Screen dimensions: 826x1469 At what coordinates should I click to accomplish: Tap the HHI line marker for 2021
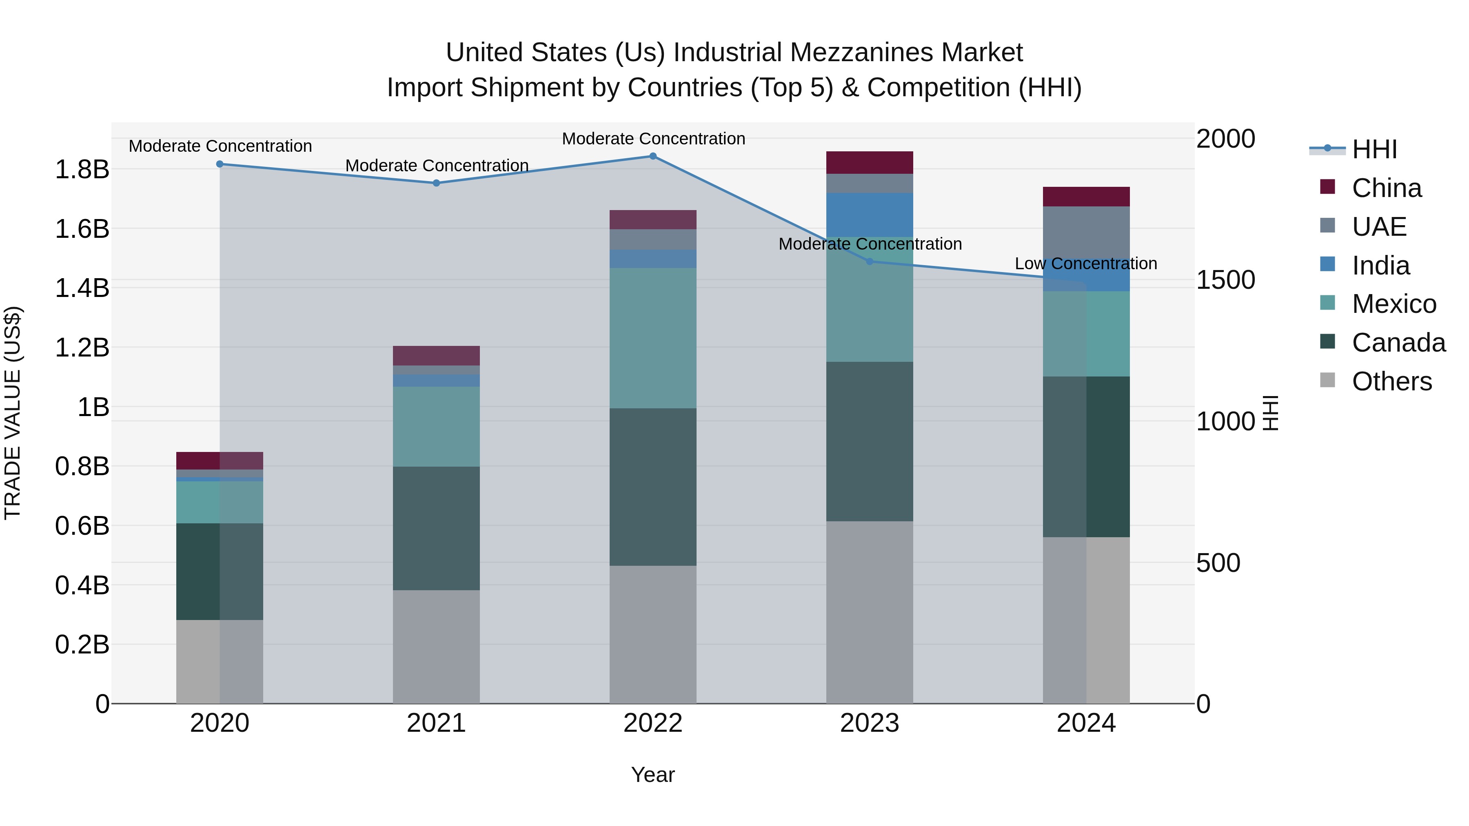436,183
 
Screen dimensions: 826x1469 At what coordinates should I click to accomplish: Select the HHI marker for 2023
870,261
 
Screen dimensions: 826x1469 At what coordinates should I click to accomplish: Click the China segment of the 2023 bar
870,162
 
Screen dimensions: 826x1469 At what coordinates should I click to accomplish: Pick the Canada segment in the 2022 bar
653,487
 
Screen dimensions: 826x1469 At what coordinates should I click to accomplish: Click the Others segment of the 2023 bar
870,612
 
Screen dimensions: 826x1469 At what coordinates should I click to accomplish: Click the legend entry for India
1380,266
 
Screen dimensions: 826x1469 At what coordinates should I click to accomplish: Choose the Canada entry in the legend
1398,343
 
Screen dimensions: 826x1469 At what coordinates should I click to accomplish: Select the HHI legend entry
1374,149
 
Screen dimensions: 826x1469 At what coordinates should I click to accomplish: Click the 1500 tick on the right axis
1225,280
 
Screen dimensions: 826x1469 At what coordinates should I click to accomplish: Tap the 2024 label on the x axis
1086,723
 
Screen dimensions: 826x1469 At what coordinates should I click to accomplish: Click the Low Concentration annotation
1086,264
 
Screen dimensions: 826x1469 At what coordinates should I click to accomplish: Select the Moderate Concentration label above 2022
654,139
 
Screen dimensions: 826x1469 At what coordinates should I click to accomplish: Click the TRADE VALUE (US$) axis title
13,413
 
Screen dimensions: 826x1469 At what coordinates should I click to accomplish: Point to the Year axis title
653,775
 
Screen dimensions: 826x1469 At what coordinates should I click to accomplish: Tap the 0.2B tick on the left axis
82,645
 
